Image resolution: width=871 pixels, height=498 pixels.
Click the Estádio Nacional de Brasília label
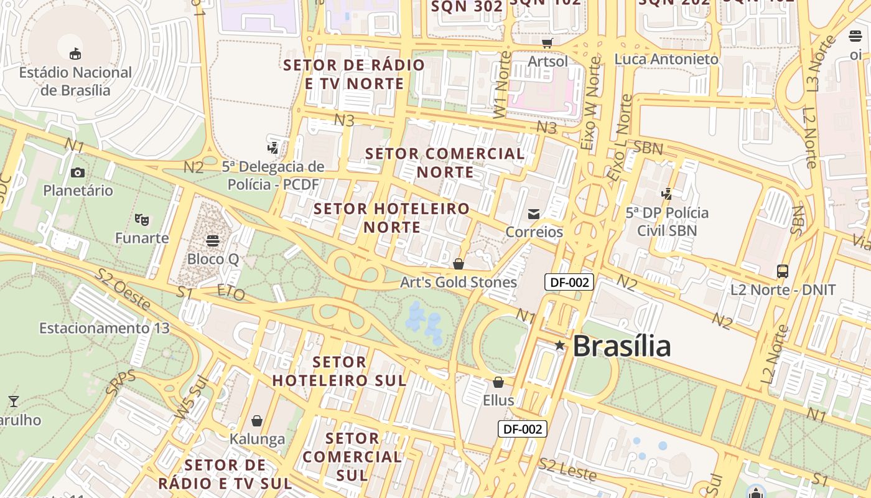75,81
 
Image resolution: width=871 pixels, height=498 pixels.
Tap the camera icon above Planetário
78,172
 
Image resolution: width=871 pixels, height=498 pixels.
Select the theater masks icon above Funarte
142,219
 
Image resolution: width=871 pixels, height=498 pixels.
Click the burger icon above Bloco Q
213,240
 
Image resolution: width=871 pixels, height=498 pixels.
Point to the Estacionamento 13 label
95,327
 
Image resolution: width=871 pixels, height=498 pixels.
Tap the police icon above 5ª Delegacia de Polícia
272,148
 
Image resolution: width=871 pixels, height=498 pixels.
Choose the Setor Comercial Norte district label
445,162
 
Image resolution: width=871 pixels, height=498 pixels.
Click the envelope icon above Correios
534,214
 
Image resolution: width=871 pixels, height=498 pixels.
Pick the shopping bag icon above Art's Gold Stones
459,264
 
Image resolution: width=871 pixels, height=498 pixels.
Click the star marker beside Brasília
559,345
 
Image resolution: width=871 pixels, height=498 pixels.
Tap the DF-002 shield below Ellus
523,428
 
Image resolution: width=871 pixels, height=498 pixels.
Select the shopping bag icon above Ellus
498,382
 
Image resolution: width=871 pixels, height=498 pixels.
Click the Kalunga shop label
257,439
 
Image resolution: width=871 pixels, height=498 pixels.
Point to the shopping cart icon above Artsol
547,43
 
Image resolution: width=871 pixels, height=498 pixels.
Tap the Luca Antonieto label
666,59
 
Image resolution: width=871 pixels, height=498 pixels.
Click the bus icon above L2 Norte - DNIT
783,271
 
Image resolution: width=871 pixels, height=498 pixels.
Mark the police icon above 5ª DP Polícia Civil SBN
667,194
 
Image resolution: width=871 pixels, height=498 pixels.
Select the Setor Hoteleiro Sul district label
339,371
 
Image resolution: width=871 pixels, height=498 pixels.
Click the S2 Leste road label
568,469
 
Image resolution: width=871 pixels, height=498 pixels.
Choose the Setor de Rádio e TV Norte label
354,74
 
